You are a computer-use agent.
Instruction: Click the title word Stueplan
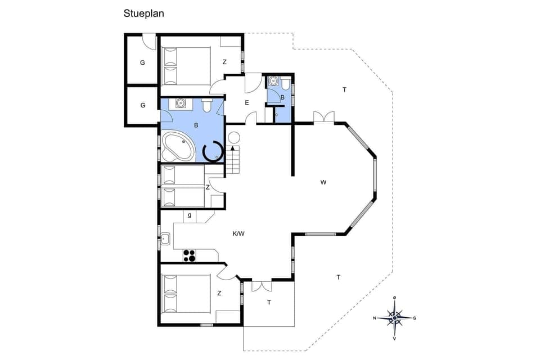(x=144, y=12)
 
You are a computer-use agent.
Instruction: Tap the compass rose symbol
(x=395, y=318)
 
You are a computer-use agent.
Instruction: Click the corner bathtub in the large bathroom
(x=177, y=146)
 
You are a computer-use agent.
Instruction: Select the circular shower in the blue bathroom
(x=213, y=151)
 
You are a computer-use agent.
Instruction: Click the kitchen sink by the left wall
(x=165, y=239)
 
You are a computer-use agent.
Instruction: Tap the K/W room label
(x=238, y=233)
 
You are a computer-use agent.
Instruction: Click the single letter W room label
(x=323, y=182)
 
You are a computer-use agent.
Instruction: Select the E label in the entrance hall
(x=246, y=102)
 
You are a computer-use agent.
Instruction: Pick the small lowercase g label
(x=190, y=215)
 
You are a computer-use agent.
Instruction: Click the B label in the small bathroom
(x=282, y=97)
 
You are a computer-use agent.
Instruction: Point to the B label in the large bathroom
(x=196, y=125)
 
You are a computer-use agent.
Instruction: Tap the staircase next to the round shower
(x=233, y=160)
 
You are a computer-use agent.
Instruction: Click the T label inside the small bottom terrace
(x=269, y=302)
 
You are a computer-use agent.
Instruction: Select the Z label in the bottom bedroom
(x=219, y=293)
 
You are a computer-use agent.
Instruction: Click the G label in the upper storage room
(x=142, y=62)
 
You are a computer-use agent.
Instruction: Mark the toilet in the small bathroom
(x=286, y=84)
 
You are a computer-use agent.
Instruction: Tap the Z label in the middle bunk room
(x=208, y=187)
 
